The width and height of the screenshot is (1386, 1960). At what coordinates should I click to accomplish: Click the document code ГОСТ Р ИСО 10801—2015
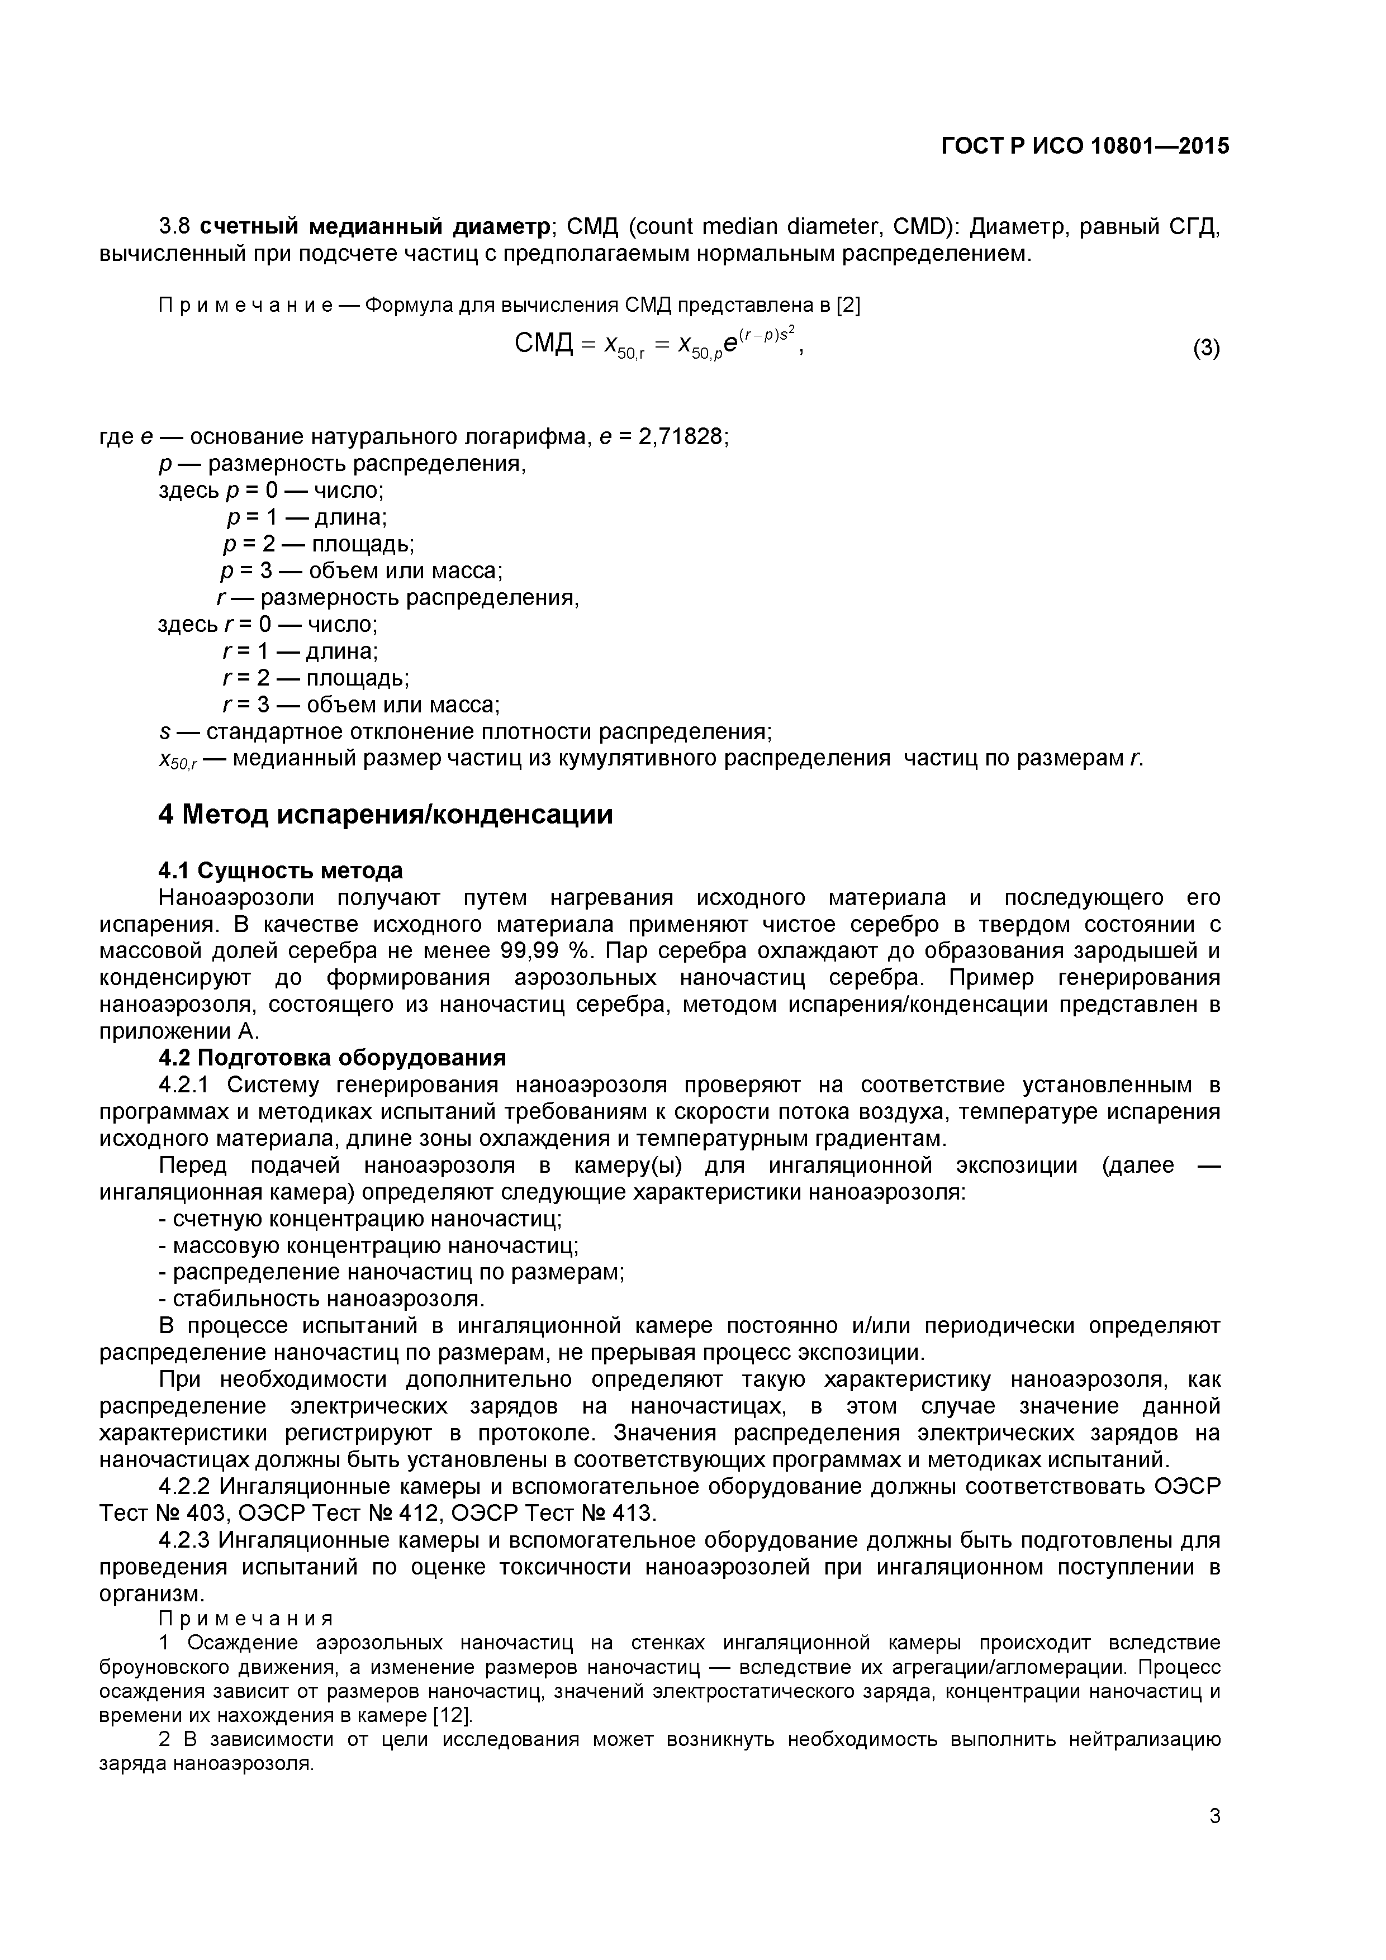1085,146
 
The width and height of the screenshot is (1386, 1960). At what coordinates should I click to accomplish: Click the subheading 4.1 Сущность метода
280,870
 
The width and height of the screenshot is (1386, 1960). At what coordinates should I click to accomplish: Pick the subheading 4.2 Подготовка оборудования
332,1058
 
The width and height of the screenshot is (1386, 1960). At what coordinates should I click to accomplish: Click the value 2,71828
681,437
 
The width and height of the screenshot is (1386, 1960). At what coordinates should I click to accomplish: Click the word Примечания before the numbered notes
246,1619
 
